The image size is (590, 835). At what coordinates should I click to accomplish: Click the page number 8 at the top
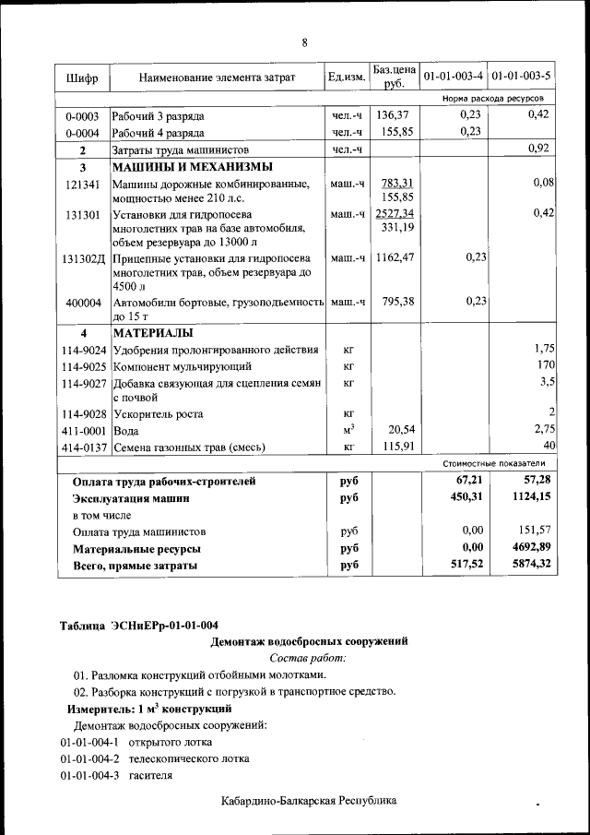click(304, 42)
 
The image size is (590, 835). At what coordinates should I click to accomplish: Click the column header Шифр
click(83, 78)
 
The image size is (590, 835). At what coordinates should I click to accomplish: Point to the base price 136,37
click(395, 115)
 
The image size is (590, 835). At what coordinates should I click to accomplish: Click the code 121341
click(83, 185)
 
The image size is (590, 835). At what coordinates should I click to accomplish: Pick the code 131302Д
click(84, 258)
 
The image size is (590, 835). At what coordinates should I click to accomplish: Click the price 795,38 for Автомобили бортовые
click(395, 302)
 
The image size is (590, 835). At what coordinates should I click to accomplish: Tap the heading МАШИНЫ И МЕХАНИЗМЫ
click(192, 168)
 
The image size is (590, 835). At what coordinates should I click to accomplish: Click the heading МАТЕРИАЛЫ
click(153, 333)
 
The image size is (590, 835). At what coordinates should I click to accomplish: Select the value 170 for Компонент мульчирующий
click(544, 366)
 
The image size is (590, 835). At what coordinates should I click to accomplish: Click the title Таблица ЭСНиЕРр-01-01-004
click(139, 625)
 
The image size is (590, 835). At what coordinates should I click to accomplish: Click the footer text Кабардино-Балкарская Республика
click(309, 801)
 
